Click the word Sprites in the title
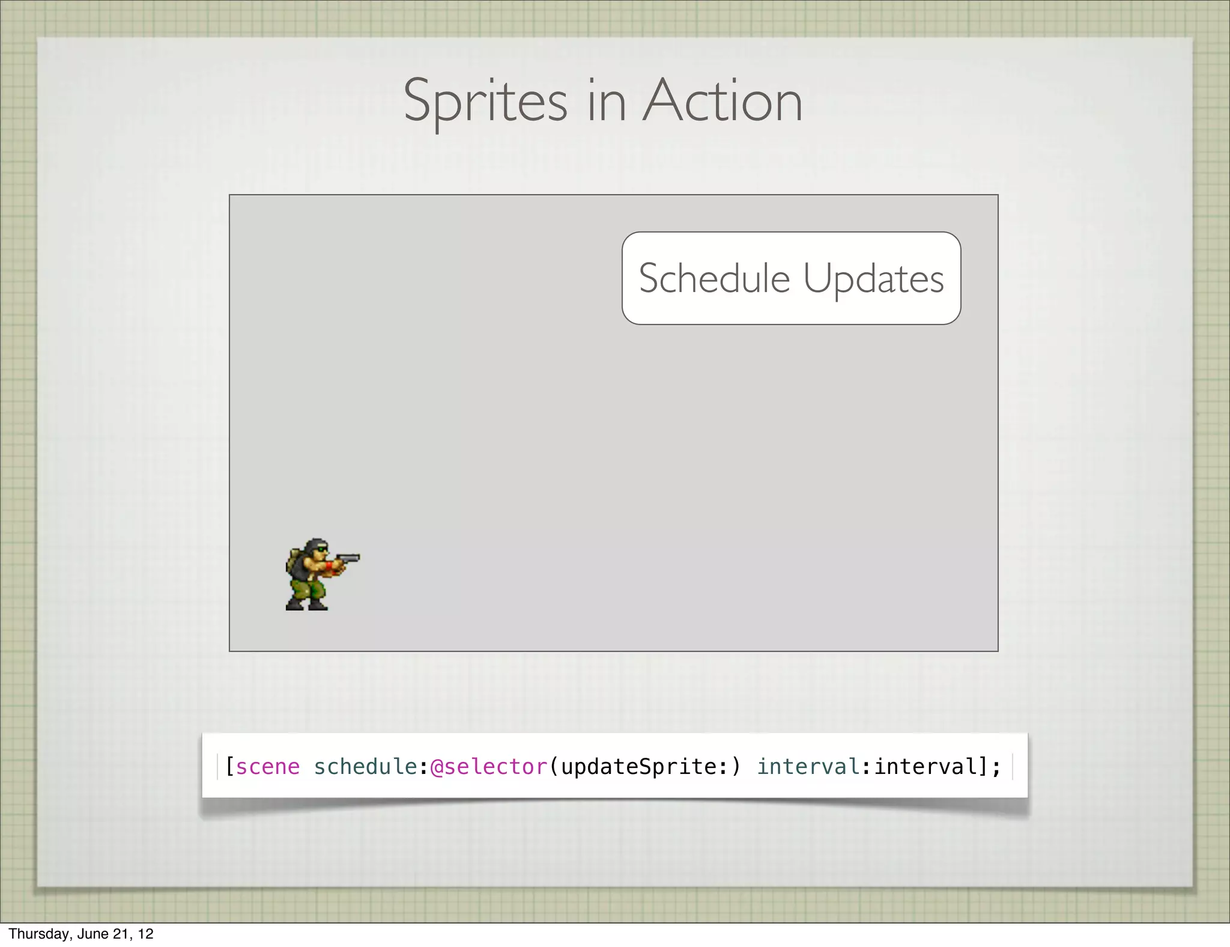point(485,102)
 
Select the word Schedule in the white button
point(714,279)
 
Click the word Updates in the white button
point(873,279)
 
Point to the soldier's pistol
point(348,559)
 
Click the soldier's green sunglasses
point(323,548)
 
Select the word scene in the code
point(267,767)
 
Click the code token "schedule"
point(365,767)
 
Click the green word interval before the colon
point(808,767)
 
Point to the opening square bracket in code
point(229,767)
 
